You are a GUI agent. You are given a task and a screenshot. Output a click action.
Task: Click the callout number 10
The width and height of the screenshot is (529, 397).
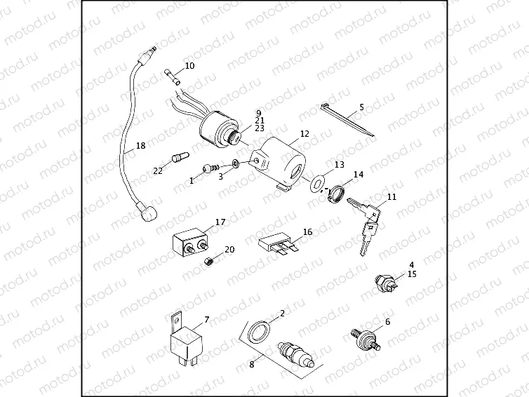[189, 66]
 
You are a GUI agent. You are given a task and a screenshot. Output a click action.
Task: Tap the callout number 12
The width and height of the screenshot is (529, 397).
[304, 133]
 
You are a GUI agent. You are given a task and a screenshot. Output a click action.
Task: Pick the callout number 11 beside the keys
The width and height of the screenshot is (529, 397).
[391, 197]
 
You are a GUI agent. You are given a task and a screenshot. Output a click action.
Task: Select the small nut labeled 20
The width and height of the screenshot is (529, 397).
[208, 262]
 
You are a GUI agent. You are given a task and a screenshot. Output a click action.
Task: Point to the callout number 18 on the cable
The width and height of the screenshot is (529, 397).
[140, 146]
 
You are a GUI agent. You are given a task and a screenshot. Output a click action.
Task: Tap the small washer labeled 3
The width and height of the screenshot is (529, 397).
[236, 165]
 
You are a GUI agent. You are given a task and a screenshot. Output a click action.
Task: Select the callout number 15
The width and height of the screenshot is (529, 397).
[412, 274]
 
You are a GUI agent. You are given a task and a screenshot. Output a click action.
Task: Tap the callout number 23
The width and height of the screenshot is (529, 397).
[259, 128]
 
